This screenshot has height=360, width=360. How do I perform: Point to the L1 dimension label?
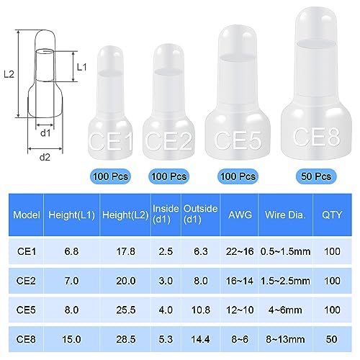click(81, 66)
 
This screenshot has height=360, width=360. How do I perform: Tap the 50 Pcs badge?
click(314, 175)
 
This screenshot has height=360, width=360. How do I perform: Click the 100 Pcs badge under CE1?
click(110, 176)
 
